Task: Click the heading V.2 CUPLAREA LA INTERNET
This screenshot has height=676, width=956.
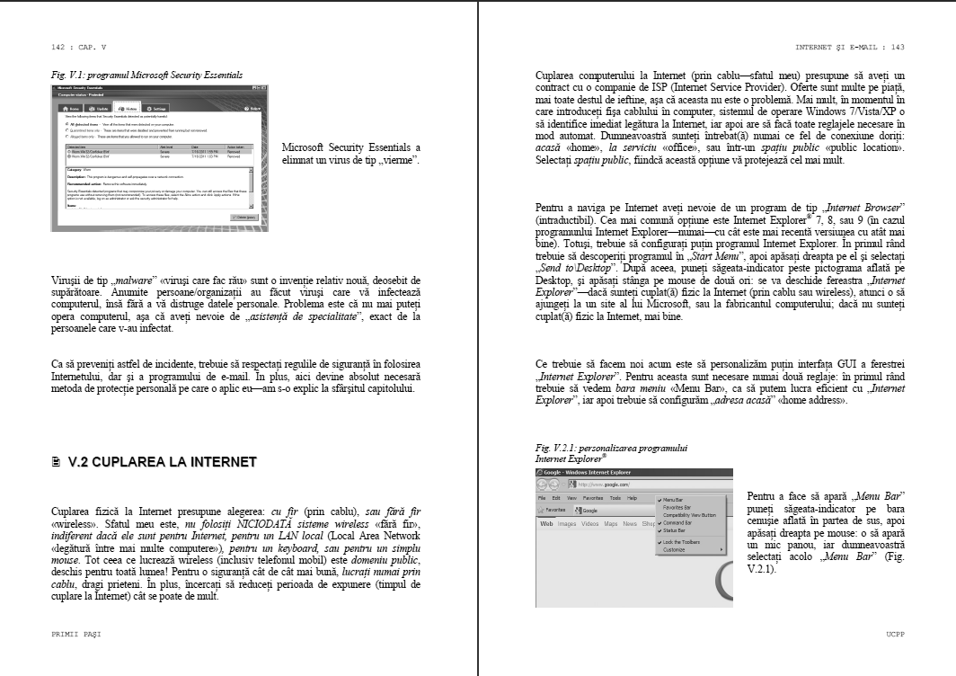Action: pyautogui.click(x=161, y=462)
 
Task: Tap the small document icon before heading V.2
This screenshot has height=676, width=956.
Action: pyautogui.click(x=56, y=462)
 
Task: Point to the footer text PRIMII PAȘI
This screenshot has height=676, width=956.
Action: pyautogui.click(x=76, y=634)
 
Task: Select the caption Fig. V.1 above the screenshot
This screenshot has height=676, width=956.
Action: pyautogui.click(x=146, y=73)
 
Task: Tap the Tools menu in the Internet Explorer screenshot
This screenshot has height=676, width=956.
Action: pyautogui.click(x=615, y=497)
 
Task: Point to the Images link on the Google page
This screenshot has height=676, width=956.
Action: pyautogui.click(x=567, y=523)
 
